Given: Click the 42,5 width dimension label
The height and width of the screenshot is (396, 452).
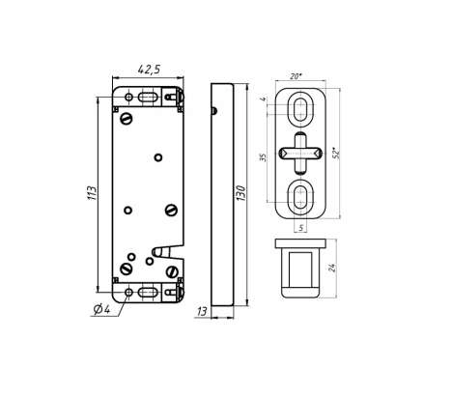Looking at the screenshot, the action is [x=149, y=70].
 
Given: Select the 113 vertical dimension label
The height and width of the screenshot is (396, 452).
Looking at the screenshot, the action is [x=92, y=193].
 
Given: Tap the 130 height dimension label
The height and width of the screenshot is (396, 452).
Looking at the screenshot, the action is [x=240, y=193].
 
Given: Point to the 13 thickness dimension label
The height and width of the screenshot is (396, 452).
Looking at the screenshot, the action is [x=202, y=311].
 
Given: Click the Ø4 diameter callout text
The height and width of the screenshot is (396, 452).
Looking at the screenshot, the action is [x=101, y=309].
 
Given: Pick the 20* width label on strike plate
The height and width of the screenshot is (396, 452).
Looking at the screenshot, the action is [x=297, y=76].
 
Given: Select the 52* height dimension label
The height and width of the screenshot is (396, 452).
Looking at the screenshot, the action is [x=336, y=153].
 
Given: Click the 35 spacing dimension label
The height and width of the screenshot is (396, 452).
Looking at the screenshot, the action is [x=264, y=157].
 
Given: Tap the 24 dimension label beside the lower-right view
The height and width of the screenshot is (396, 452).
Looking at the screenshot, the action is [x=332, y=268].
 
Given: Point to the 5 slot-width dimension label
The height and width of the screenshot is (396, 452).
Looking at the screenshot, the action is [x=301, y=228].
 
